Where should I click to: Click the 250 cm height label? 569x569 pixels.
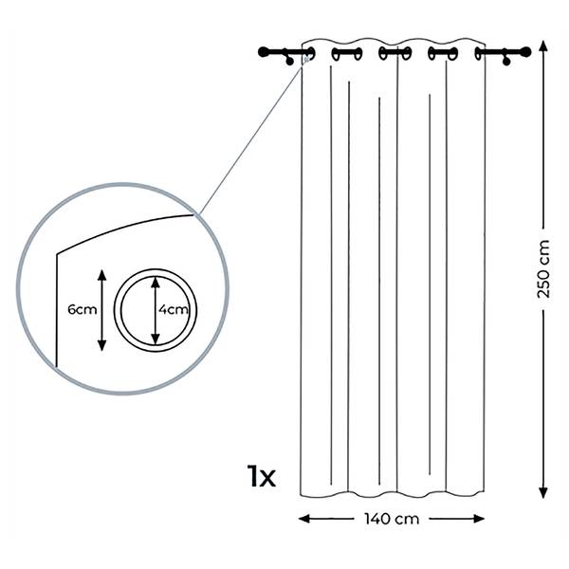[543, 269]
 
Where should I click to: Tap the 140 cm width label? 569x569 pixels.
[392, 519]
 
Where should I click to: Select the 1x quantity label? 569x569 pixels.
[262, 475]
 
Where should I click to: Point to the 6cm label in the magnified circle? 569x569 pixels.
[83, 309]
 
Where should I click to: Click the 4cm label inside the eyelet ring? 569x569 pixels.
[174, 309]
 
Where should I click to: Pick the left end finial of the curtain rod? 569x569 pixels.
[264, 52]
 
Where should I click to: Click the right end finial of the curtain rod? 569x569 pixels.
[525, 52]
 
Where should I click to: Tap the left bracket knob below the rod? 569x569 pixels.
[289, 62]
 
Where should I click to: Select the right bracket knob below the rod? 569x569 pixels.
[506, 62]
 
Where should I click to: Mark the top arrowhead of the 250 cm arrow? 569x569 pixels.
[542, 46]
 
